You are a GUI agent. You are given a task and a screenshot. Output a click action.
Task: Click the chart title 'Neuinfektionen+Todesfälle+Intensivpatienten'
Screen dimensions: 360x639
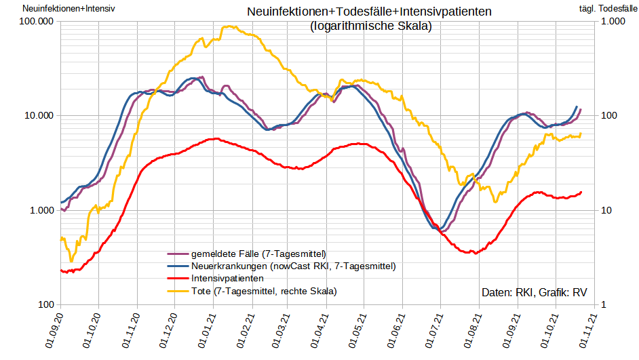pyautogui.click(x=370, y=12)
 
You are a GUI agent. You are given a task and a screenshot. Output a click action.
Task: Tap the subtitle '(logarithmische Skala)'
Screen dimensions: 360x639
pyautogui.click(x=370, y=26)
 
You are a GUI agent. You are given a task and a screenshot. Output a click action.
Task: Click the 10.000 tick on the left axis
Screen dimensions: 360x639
pyautogui.click(x=39, y=116)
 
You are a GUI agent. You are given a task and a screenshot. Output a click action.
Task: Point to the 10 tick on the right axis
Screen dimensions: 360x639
pyautogui.click(x=607, y=211)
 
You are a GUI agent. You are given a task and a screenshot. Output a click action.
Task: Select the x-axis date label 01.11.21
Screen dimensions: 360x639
pyautogui.click(x=587, y=332)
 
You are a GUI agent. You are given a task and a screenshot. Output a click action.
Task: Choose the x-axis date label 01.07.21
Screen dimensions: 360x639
pyautogui.click(x=434, y=332)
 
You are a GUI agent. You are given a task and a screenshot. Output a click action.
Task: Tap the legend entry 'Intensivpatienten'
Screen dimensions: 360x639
pyautogui.click(x=227, y=278)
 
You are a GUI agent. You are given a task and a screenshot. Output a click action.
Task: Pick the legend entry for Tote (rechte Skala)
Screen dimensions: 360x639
pyautogui.click(x=264, y=291)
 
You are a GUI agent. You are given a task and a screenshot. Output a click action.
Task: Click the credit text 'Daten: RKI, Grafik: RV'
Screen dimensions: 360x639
pyautogui.click(x=534, y=293)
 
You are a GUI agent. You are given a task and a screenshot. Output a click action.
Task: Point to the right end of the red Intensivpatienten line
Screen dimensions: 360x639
pyautogui.click(x=581, y=193)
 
